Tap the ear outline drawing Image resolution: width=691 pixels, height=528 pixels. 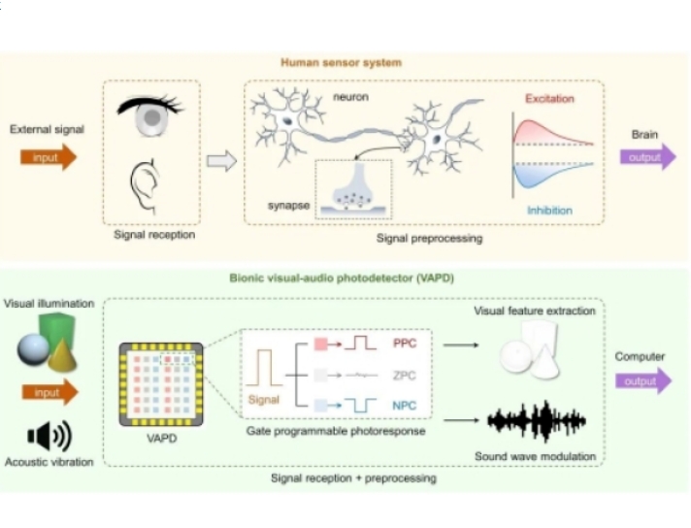point(146,183)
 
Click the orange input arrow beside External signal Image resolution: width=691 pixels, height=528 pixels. point(47,157)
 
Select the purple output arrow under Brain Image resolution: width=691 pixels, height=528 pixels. point(647,157)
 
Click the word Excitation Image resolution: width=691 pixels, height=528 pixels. point(549,99)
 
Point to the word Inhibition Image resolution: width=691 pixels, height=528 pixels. point(549,210)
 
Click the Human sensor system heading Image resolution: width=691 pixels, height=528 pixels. point(341,62)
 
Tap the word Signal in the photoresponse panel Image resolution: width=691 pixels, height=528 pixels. point(265,398)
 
